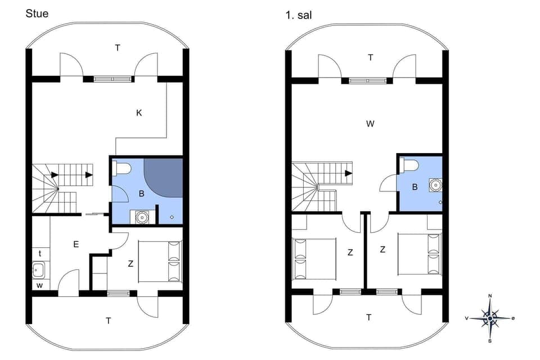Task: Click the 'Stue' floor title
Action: click(37, 13)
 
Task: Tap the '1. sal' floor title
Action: click(298, 15)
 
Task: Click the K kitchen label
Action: click(139, 113)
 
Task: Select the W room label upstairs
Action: click(370, 124)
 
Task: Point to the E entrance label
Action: click(75, 244)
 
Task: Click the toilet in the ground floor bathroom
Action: click(122, 168)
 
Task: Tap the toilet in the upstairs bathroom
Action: click(410, 166)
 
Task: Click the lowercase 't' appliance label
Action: click(39, 254)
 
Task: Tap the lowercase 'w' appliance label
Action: click(39, 285)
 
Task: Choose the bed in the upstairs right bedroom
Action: click(420, 254)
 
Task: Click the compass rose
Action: click(490, 318)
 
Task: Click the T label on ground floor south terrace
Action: click(109, 321)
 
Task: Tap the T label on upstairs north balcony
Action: click(370, 57)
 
